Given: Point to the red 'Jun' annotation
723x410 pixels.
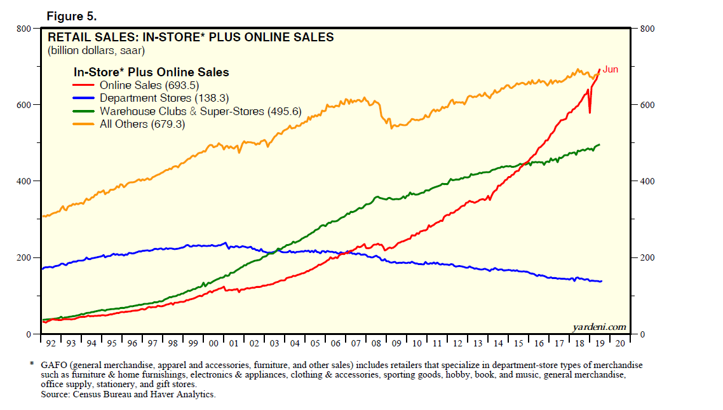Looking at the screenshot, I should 610,69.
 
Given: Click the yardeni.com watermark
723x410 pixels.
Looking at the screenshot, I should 599,327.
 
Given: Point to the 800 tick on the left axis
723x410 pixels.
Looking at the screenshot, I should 24,29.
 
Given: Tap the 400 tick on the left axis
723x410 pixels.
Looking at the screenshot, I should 24,181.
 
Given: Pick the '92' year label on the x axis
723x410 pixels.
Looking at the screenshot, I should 51,343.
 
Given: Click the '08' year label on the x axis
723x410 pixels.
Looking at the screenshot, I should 376,343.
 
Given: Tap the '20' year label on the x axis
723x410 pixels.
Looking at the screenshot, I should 620,343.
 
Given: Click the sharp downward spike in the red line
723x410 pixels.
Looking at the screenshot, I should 590,112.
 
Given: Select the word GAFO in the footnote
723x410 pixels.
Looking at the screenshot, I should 53,366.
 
